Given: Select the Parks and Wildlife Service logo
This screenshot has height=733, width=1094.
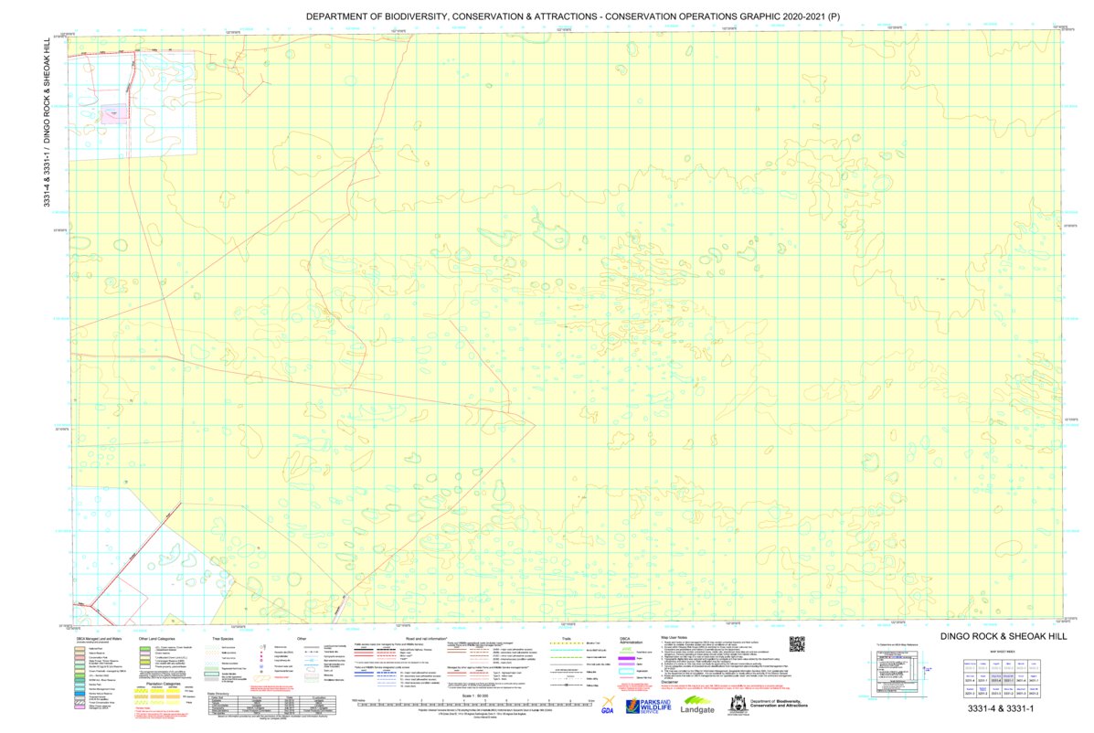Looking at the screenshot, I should point(648,706).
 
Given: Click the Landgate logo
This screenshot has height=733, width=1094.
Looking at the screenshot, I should point(697,706).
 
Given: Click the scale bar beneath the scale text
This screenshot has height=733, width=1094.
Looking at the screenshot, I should point(475,704).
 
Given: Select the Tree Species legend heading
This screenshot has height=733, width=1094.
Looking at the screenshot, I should point(224,638).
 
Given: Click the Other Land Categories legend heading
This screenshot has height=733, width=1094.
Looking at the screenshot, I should point(158,638).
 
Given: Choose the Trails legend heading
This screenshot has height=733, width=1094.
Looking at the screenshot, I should point(566,638).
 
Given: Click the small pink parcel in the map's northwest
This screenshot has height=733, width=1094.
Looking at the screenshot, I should point(114,114).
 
